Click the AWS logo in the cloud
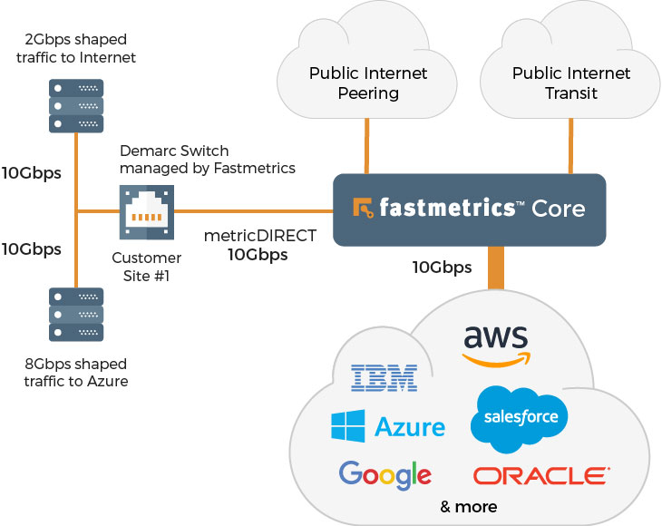[494, 346]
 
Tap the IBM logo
[383, 377]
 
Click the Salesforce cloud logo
[521, 418]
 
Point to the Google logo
[385, 474]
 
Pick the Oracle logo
[541, 475]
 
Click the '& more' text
[468, 506]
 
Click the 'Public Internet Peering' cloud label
[367, 82]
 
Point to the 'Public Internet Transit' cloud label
[570, 82]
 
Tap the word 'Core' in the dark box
[559, 209]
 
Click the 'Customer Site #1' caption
[146, 266]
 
